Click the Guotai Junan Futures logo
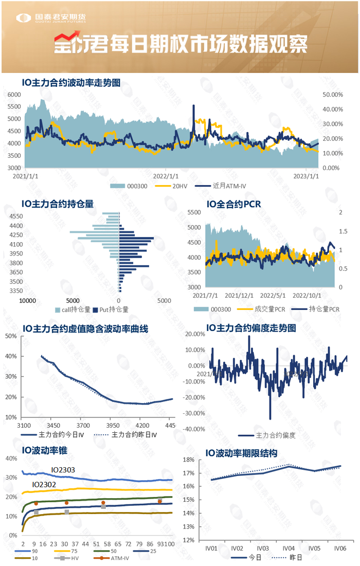pos(51,19)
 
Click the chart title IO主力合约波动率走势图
pos(71,82)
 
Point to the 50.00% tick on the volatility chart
pos(332,95)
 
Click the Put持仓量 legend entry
pos(114,309)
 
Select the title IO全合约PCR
pos(233,204)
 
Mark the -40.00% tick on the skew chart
pos(195,429)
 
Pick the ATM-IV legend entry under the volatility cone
pos(119,558)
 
